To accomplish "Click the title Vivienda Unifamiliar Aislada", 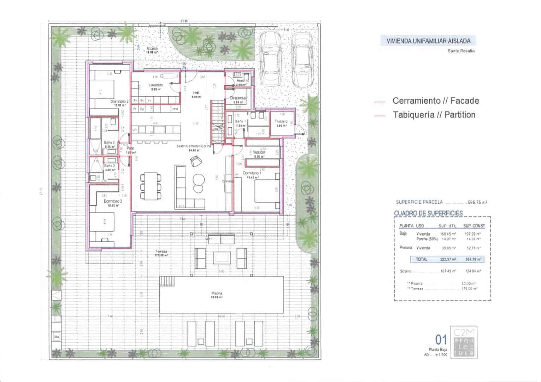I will pos(428,41).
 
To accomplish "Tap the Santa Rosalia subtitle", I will pos(461,51).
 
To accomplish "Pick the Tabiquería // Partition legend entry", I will pos(434,115).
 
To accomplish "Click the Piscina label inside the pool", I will pos(217,293).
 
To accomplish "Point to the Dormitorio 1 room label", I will pos(252,173).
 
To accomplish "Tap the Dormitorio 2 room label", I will pos(119,102).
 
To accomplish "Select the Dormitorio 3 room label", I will pos(112,201).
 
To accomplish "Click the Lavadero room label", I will pos(155,85).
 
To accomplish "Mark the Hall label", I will pos(196,92).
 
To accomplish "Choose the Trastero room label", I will pos(281,121).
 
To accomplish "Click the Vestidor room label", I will pos(261,152).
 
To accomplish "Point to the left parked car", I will pos(270,59).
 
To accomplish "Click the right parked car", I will pos(301,60).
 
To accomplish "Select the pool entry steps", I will pos(167,281).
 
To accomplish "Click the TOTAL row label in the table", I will pos(421,259).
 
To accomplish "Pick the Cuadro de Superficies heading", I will pos(428,213).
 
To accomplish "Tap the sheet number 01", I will pos(441,340).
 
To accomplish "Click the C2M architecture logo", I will pos(464,342).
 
